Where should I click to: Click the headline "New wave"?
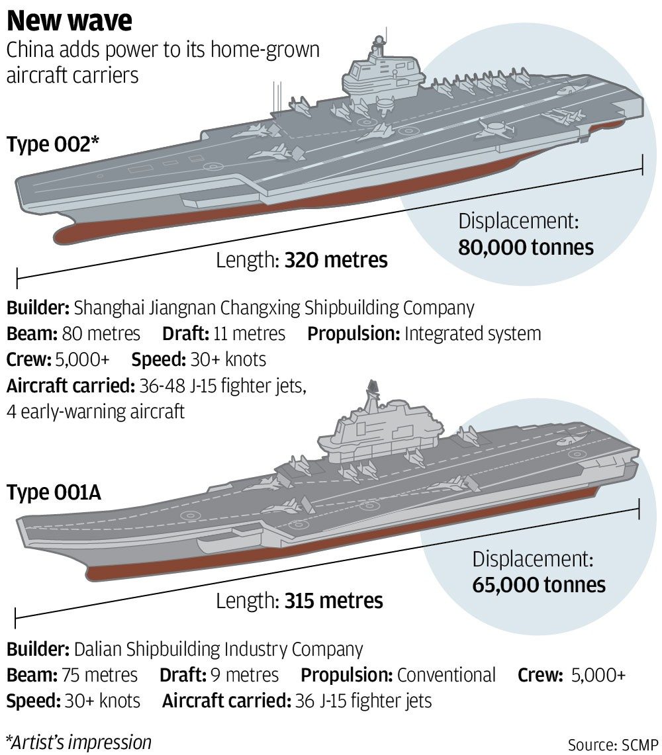coord(70,21)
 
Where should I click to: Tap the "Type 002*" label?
coord(53,145)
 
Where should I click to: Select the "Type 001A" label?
coord(54,493)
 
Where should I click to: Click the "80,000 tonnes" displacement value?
coord(526,247)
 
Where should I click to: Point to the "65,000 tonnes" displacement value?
coord(539,584)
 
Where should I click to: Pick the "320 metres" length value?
coord(336,260)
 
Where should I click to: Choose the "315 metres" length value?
coord(334,601)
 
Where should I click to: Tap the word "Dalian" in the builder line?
coord(95,649)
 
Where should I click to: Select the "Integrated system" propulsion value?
coord(472,333)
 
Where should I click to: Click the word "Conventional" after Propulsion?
coord(446,675)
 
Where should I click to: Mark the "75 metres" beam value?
coord(99,675)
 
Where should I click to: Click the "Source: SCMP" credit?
coord(613,744)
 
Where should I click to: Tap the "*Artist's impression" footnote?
coord(78,742)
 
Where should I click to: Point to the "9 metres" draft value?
coord(244,675)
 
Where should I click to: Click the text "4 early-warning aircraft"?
coord(95,411)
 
